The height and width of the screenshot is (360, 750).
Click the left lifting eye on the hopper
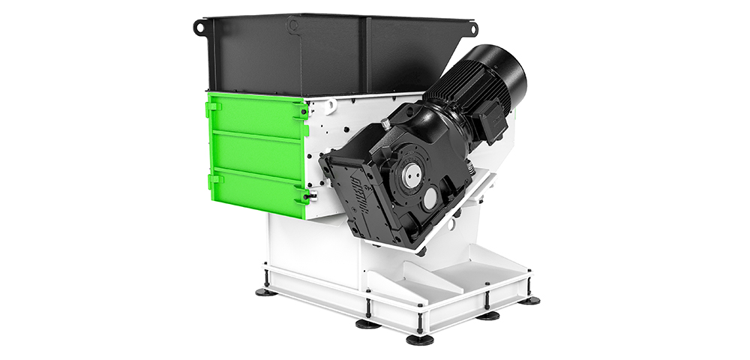pos(199,27)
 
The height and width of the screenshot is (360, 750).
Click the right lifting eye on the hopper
pos(472,28)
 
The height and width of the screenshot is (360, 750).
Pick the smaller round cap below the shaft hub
pos(429,199)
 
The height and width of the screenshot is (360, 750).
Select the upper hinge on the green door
pos(213,107)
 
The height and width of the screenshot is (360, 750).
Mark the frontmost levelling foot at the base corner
pos(419,339)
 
